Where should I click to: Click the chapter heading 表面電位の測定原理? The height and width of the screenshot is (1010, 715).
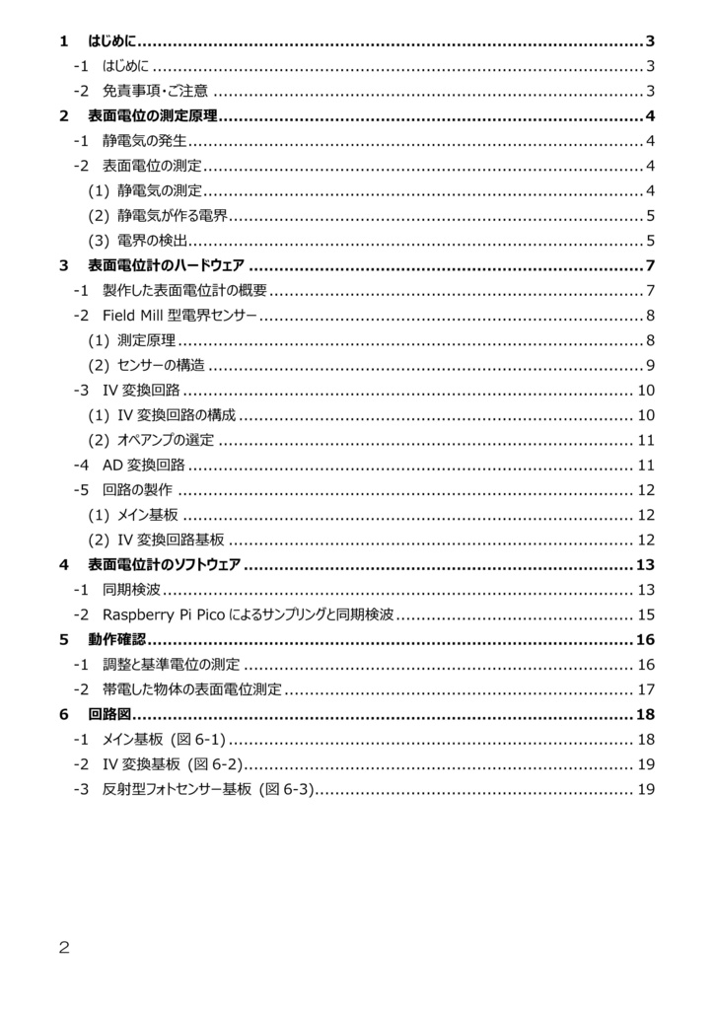pos(153,116)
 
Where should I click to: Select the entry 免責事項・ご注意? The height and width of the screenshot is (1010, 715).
pos(155,92)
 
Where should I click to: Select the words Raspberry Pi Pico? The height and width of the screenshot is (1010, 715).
pos(163,615)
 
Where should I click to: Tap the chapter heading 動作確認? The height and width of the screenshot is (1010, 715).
pos(116,640)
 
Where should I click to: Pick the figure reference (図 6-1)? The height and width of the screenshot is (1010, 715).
pos(200,740)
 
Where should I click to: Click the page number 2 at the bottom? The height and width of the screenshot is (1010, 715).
pos(64,948)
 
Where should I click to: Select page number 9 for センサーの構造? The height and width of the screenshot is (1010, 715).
pos(651,366)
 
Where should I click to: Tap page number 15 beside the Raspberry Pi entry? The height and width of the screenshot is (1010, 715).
pos(647,615)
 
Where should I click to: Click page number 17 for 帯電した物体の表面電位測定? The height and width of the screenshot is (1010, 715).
pos(647,689)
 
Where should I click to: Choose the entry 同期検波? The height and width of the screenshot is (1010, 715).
pos(131,590)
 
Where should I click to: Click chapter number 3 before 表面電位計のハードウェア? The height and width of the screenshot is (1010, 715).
pos(63,265)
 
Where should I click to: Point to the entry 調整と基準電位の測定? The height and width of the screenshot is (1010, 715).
pos(171,665)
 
